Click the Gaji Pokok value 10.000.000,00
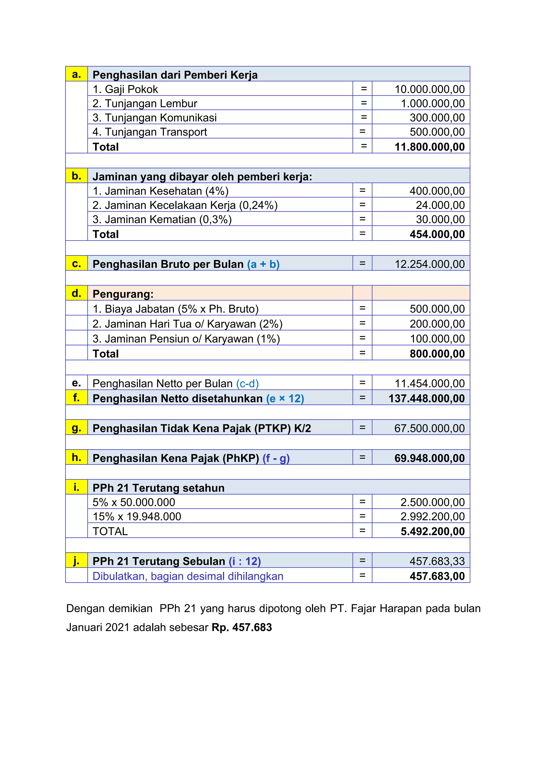(x=429, y=89)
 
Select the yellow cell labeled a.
(x=76, y=74)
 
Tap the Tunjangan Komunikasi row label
(x=155, y=118)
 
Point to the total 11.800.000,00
(x=429, y=147)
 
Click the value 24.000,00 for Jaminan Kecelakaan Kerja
(x=440, y=205)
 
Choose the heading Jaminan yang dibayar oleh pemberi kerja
(x=202, y=176)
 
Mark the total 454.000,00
(x=437, y=234)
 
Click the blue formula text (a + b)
(x=263, y=264)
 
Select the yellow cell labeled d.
(x=76, y=293)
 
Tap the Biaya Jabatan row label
(x=175, y=309)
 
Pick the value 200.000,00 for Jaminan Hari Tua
(x=437, y=324)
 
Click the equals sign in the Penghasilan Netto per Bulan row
(x=362, y=383)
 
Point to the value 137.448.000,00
(x=427, y=398)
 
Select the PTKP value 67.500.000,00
(x=429, y=428)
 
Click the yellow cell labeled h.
(x=76, y=457)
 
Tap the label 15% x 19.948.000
(x=137, y=516)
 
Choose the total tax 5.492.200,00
(x=432, y=531)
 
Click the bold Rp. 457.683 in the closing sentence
(x=241, y=627)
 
